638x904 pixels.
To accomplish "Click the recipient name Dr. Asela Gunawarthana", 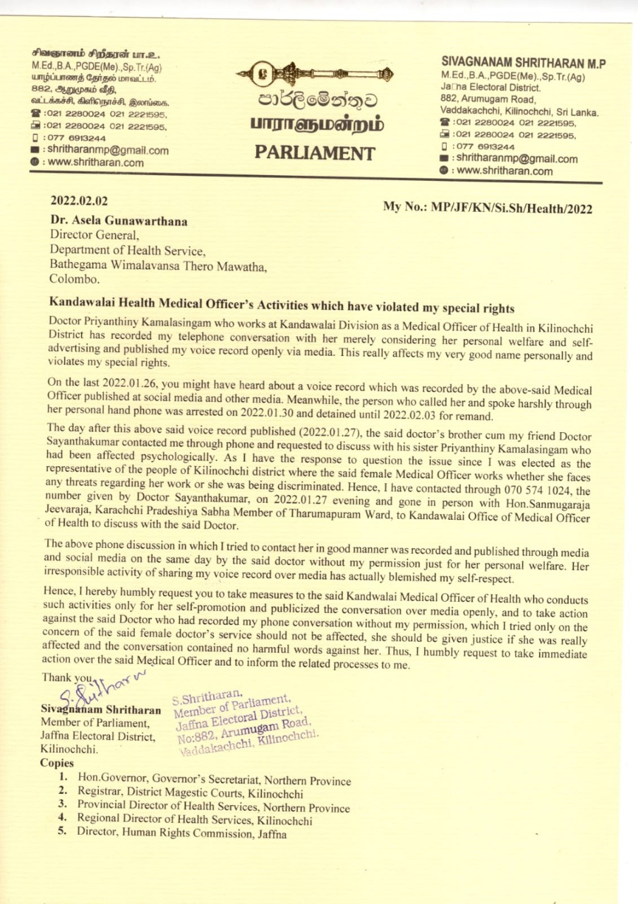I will click(118, 222).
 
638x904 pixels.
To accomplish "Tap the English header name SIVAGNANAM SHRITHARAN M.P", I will click(523, 64).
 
